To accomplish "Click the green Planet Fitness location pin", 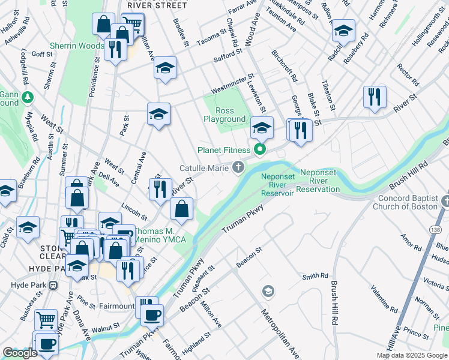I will pyautogui.click(x=260, y=149).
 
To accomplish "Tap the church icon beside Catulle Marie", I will pyautogui.click(x=239, y=167).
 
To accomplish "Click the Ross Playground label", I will pyautogui.click(x=224, y=115).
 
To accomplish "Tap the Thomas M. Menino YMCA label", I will pyautogui.click(x=159, y=235).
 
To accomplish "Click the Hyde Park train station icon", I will pyautogui.click(x=53, y=285).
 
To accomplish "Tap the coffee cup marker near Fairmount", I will pyautogui.click(x=152, y=314).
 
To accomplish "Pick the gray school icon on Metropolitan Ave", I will pyautogui.click(x=268, y=291).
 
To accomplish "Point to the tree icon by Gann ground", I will pyautogui.click(x=27, y=96).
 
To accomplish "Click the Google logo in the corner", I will pyautogui.click(x=20, y=353).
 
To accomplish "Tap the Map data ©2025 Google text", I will pyautogui.click(x=412, y=355).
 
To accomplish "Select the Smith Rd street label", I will pyautogui.click(x=315, y=277).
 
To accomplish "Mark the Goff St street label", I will pyautogui.click(x=43, y=53).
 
